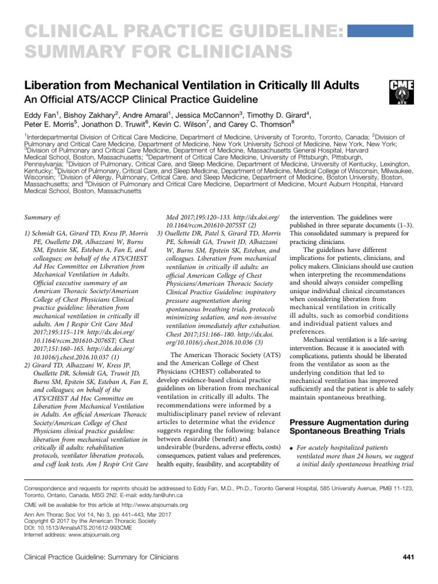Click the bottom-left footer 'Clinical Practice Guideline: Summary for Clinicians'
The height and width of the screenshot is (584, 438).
pos(100,556)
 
